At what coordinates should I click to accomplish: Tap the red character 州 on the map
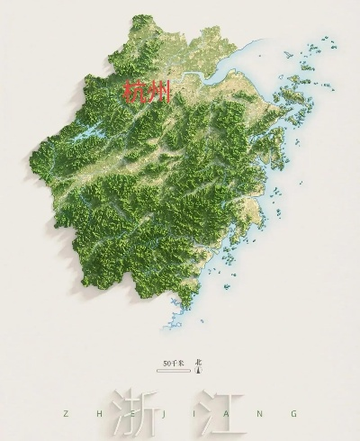pyautogui.click(x=157, y=93)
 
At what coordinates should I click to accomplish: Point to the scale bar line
pyautogui.click(x=173, y=369)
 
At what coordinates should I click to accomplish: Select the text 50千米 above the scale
pyautogui.click(x=173, y=363)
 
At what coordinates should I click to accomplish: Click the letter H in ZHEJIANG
pyautogui.click(x=97, y=414)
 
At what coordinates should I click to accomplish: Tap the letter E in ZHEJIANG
pyautogui.click(x=130, y=414)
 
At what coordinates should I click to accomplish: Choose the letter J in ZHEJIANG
pyautogui.click(x=164, y=414)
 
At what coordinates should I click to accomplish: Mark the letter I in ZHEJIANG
pyautogui.click(x=196, y=414)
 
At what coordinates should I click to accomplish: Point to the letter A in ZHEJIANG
pyautogui.click(x=229, y=414)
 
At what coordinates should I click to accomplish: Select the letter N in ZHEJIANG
pyautogui.click(x=262, y=414)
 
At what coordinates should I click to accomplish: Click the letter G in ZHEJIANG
pyautogui.click(x=295, y=414)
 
